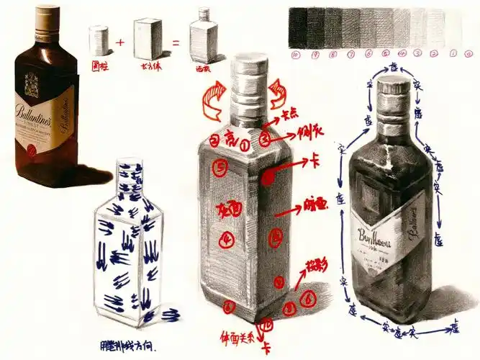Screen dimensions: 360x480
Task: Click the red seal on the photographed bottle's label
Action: pyautogui.click(x=31, y=150)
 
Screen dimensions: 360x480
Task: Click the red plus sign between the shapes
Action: pyautogui.click(x=120, y=42)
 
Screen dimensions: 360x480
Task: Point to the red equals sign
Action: pyautogui.click(x=176, y=42)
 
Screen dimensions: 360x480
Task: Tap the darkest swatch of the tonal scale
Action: pyautogui.click(x=296, y=27)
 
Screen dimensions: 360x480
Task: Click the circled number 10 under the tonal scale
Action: pyautogui.click(x=296, y=53)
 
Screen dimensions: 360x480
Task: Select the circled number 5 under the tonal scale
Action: pyautogui.click(x=386, y=53)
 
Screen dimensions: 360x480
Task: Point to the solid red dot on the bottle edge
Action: pyautogui.click(x=268, y=174)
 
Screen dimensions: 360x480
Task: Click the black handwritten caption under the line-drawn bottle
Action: pyautogui.click(x=130, y=344)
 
